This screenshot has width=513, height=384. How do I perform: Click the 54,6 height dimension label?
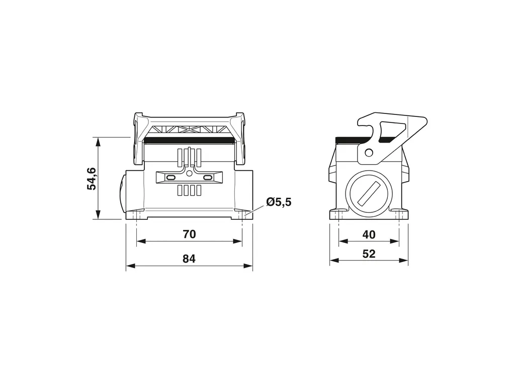click(x=91, y=178)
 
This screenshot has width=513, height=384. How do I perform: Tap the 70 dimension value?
click(x=189, y=234)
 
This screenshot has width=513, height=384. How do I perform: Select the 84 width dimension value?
click(x=189, y=259)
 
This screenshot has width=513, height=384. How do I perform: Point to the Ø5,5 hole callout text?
click(x=279, y=202)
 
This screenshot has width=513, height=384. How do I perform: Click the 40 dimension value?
click(x=369, y=234)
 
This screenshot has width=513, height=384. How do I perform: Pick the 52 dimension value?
click(x=369, y=253)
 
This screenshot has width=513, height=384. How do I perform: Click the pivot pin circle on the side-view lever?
click(x=369, y=152)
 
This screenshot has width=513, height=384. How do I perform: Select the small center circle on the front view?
click(x=189, y=174)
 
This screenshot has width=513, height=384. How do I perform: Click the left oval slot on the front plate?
click(x=171, y=177)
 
